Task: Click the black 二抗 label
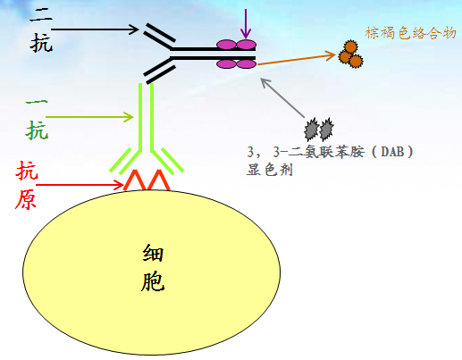pyautogui.click(x=41, y=29)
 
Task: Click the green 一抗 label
pyautogui.click(x=37, y=120)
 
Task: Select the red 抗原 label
pyautogui.click(x=27, y=185)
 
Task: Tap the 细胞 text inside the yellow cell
pyautogui.click(x=153, y=267)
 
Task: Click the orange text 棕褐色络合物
pyautogui.click(x=410, y=33)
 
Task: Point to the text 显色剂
pyautogui.click(x=270, y=170)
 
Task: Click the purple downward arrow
pyautogui.click(x=246, y=24)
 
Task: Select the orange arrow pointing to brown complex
pyautogui.click(x=297, y=60)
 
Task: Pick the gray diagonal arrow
pyautogui.click(x=282, y=97)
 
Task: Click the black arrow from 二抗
pyautogui.click(x=95, y=29)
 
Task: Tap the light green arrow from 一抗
pyautogui.click(x=89, y=117)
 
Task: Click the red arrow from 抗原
pyautogui.click(x=80, y=185)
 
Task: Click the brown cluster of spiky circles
pyautogui.click(x=350, y=54)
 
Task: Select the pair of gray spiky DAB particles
pyautogui.click(x=319, y=130)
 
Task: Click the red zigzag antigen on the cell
pyautogui.click(x=147, y=180)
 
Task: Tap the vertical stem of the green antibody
pyautogui.click(x=147, y=117)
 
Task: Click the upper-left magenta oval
pyautogui.click(x=226, y=45)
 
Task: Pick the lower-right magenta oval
pyautogui.click(x=246, y=63)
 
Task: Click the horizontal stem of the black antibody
pyautogui.click(x=213, y=54)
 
